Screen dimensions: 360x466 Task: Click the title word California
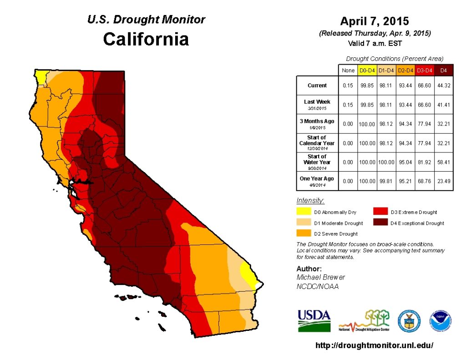[x=146, y=39]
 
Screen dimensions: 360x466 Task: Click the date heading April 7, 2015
[x=375, y=21]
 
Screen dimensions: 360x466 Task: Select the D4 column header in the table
[x=443, y=71]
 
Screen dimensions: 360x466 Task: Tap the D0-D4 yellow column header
[x=366, y=71]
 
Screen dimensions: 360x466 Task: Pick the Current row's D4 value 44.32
[x=443, y=86]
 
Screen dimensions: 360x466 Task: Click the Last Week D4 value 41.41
[x=443, y=105]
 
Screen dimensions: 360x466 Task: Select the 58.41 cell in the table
[x=443, y=162]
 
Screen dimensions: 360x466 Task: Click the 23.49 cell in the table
[x=443, y=181]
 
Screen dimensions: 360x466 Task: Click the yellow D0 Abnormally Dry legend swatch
[x=303, y=212]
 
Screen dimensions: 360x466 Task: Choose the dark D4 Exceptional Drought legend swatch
[x=380, y=223]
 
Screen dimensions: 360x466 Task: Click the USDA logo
[x=314, y=320]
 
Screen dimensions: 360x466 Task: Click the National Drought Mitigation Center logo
[x=364, y=321]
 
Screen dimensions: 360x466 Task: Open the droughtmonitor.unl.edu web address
[x=374, y=345]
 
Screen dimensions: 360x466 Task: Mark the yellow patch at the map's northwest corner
[x=41, y=76]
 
